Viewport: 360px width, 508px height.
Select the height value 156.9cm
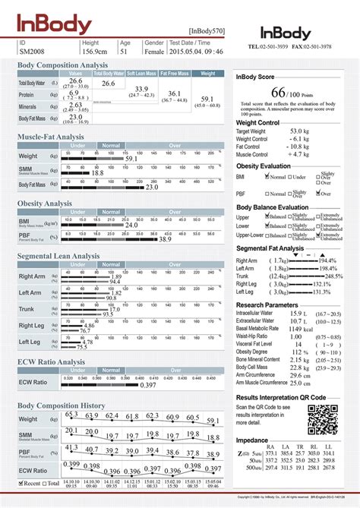coord(95,51)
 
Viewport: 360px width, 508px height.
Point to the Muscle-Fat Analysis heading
coord(51,137)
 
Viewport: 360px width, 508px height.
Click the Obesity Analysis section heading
coord(45,204)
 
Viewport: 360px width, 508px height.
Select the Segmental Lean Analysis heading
coord(58,257)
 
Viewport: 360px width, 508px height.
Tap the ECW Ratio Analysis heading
coord(51,362)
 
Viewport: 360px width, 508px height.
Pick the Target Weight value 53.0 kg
coord(297,131)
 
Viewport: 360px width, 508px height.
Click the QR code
coord(322,419)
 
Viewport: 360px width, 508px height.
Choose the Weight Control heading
coord(263,122)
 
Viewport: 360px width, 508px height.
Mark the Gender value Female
coord(154,51)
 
